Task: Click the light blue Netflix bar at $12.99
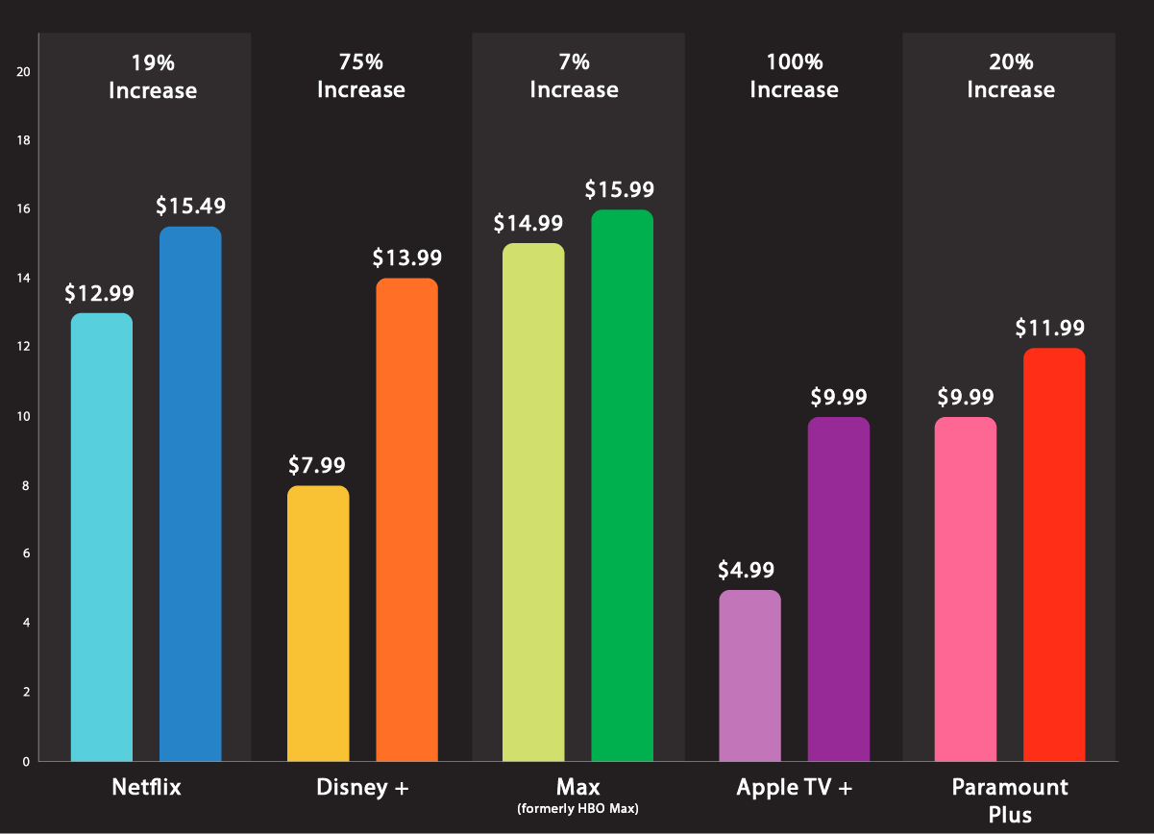(x=102, y=537)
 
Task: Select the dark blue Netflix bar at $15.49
(x=190, y=494)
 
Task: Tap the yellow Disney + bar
(x=318, y=624)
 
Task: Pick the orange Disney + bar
(x=406, y=520)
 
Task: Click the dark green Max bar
(x=622, y=485)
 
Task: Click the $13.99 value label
(x=407, y=258)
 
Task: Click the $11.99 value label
(x=1050, y=328)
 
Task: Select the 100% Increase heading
(x=794, y=77)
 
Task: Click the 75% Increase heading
(x=361, y=77)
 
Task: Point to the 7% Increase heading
(x=574, y=77)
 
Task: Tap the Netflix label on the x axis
(x=146, y=788)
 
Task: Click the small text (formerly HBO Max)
(x=577, y=809)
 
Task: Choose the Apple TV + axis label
(x=794, y=788)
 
